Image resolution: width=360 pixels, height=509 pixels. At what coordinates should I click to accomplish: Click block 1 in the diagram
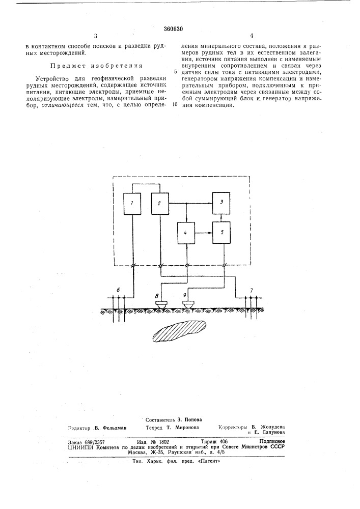tap(133, 204)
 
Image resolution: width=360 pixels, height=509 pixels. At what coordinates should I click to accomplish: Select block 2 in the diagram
tap(160, 204)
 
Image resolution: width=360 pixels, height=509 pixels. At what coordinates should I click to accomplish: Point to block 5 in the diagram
tap(222, 232)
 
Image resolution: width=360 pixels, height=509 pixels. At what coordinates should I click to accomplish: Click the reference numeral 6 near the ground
tap(118, 290)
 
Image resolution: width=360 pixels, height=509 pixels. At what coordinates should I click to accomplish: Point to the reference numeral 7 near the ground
tap(251, 290)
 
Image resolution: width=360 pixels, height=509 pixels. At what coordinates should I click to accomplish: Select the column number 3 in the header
tap(95, 36)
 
